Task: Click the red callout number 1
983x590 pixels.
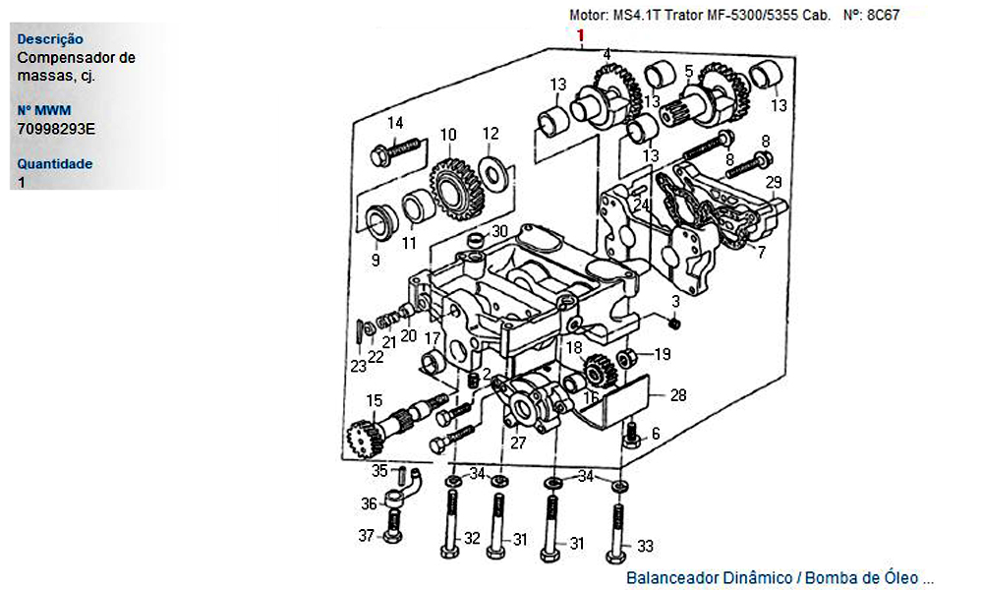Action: [581, 35]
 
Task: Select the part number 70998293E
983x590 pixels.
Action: [56, 129]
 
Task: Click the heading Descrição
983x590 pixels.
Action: [50, 39]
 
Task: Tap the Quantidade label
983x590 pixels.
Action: [54, 163]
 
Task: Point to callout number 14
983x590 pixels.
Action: [395, 123]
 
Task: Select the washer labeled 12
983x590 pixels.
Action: [492, 171]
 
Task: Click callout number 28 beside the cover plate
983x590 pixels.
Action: [678, 395]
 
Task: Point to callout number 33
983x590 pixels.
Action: [645, 546]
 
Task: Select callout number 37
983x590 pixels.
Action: [366, 536]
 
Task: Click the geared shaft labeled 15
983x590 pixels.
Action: [394, 427]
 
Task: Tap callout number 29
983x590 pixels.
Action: [774, 183]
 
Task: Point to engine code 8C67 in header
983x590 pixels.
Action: [883, 15]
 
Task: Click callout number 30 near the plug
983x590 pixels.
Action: [499, 231]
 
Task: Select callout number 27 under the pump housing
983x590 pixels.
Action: [518, 443]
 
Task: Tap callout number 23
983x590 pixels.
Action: [358, 366]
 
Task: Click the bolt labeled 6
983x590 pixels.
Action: [632, 436]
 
